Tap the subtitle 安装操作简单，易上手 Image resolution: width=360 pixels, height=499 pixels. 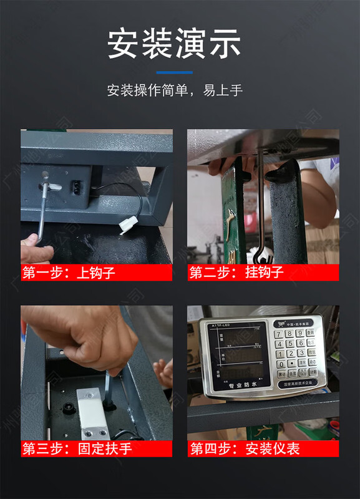[174, 90]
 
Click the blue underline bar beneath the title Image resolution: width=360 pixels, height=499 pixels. [174, 72]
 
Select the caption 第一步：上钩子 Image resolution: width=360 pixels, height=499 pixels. [69, 272]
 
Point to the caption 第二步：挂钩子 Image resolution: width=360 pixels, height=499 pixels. [237, 272]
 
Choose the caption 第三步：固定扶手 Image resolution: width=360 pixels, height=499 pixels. [77, 448]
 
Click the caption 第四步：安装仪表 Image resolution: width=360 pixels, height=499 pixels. [245, 448]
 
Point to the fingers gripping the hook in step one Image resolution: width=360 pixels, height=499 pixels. [34, 246]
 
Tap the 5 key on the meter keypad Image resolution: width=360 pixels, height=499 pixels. [290, 344]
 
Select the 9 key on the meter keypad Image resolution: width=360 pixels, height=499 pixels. [300, 334]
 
